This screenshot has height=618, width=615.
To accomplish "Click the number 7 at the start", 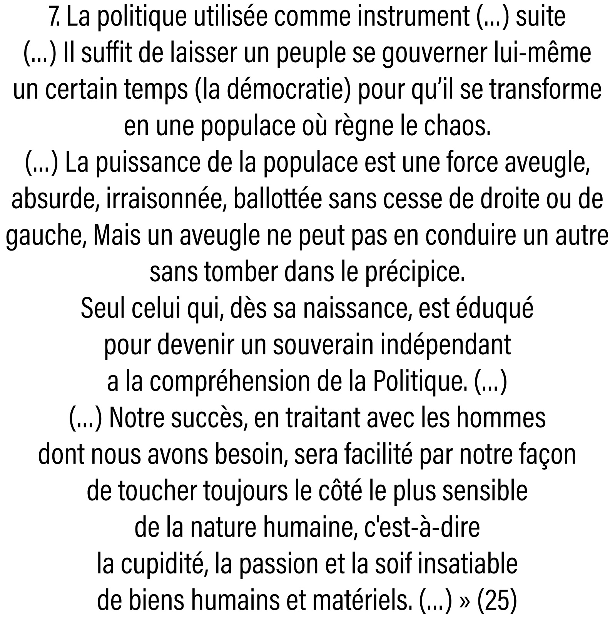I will point(54,18).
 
